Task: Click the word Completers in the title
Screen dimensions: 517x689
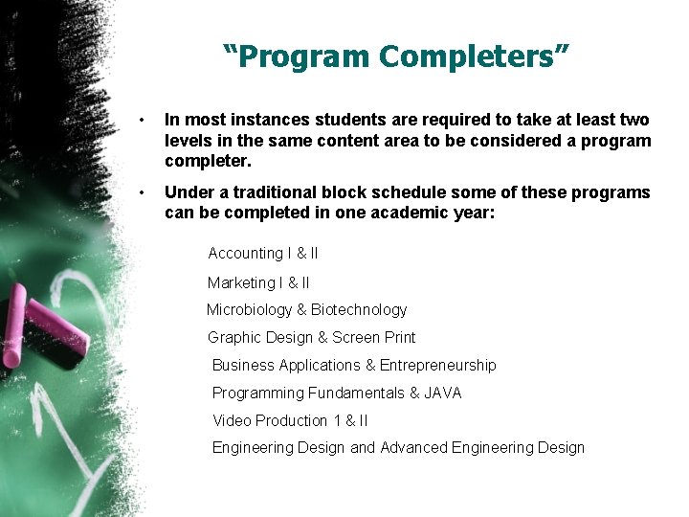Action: [474, 56]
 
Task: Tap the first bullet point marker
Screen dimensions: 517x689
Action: [142, 121]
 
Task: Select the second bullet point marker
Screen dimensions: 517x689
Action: [142, 193]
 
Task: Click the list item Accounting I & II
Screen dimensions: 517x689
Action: [263, 254]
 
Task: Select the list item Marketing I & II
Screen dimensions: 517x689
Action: [258, 282]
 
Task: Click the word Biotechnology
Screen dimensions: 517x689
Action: [359, 310]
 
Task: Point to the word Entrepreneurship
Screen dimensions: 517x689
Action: [438, 366]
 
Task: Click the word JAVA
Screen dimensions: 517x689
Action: [443, 393]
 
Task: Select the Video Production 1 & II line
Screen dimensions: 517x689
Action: [290, 421]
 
